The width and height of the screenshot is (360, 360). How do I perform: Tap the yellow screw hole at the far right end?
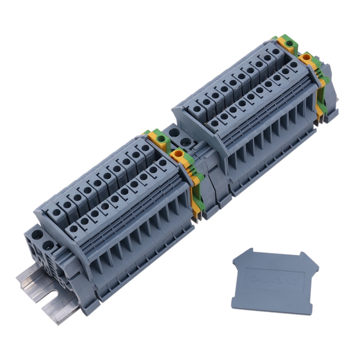[x=308, y=58]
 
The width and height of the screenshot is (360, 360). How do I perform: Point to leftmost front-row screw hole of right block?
[x=215, y=123]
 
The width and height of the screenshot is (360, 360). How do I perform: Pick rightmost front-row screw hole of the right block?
[x=294, y=65]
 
